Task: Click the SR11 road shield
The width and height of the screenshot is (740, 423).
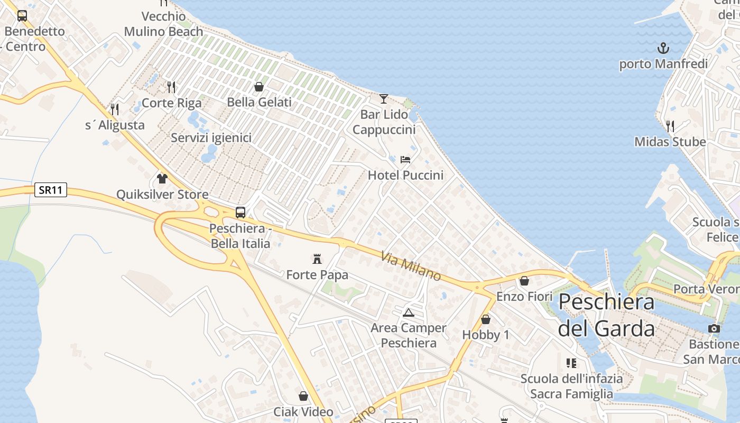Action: (51, 190)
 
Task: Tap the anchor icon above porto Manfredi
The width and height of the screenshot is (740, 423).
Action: (663, 49)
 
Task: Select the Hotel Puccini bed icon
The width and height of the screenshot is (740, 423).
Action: (405, 159)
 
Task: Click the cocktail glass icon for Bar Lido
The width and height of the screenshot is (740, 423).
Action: (384, 99)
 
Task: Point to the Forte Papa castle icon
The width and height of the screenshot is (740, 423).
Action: (317, 259)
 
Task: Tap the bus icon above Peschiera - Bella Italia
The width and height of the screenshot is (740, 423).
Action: (240, 213)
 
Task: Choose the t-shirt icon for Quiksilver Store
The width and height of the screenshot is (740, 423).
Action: (162, 179)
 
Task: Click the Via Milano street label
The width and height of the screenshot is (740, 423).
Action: (411, 266)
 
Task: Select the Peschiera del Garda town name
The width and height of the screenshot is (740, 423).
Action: (606, 315)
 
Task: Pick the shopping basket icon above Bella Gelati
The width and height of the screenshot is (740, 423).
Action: (259, 87)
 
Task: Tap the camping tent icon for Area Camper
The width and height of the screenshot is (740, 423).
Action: (408, 312)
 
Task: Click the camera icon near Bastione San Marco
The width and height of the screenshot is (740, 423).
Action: (714, 329)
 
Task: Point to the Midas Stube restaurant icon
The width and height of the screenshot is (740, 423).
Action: (670, 126)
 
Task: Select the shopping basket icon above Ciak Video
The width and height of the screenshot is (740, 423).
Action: (303, 396)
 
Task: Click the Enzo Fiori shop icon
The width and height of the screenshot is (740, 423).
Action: (524, 281)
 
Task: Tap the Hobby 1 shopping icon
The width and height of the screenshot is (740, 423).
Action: (486, 319)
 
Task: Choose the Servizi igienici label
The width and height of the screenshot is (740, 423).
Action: (211, 138)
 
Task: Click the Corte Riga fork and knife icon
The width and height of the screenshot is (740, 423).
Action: (171, 87)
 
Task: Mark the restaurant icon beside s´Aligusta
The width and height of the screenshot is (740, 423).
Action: (115, 109)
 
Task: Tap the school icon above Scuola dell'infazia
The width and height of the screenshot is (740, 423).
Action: (571, 363)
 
